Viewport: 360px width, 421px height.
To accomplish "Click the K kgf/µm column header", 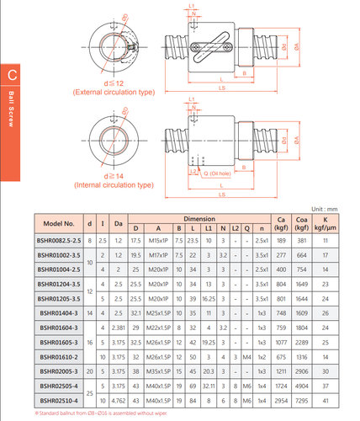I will point(325,223).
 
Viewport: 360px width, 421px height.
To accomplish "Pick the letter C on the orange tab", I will point(13,74).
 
